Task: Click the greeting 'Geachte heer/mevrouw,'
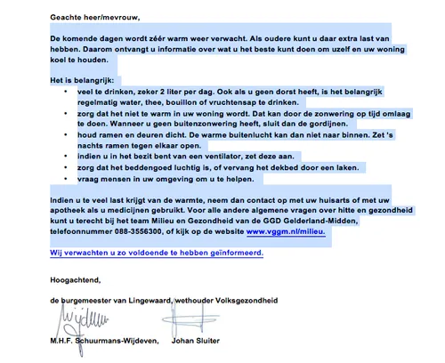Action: tap(95, 17)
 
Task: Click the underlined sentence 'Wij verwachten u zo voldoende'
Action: tap(157, 252)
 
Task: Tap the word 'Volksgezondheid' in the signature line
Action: tap(248, 301)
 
